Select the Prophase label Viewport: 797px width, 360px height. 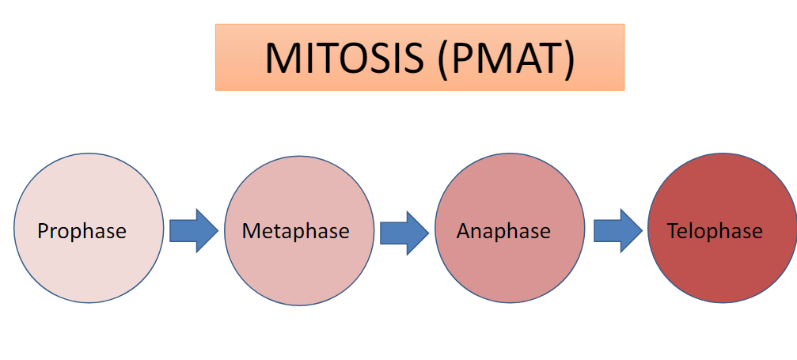click(x=82, y=231)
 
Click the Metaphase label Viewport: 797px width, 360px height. click(x=295, y=231)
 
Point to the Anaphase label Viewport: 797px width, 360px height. click(x=503, y=231)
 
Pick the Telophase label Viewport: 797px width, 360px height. click(x=715, y=231)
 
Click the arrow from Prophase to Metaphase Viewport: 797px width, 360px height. click(x=193, y=231)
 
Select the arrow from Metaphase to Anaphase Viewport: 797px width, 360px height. click(x=404, y=232)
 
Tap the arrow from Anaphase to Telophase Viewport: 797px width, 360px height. click(x=617, y=231)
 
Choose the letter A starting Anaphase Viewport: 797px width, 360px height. click(x=463, y=231)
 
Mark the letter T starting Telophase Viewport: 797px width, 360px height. click(x=673, y=231)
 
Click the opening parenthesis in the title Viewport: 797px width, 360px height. click(x=440, y=58)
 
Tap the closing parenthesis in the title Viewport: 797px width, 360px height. click(x=567, y=58)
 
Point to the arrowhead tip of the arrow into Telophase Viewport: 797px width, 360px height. click(x=641, y=231)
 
